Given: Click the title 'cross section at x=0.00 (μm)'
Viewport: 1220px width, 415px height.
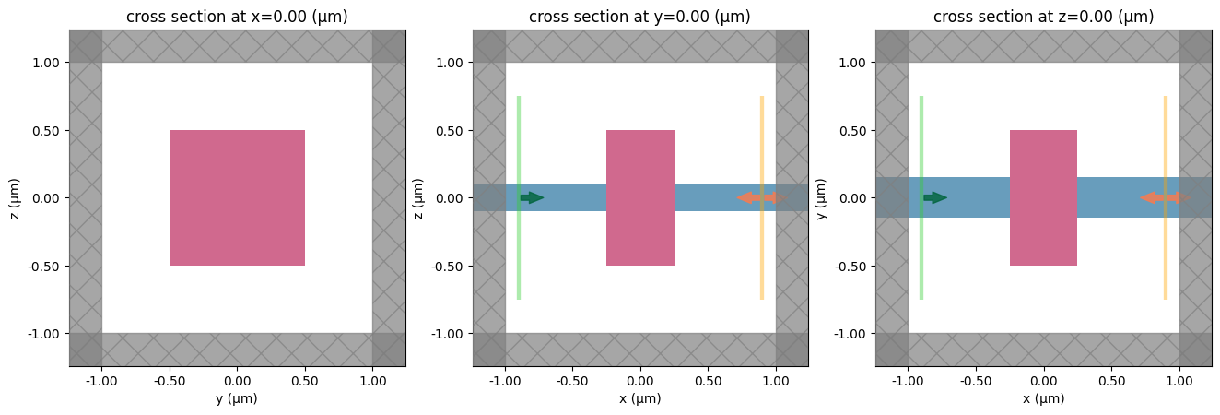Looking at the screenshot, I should [x=237, y=17].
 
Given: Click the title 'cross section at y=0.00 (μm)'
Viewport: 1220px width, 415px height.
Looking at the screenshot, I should [x=640, y=17].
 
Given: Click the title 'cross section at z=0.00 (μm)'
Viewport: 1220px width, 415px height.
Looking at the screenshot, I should [x=1043, y=17].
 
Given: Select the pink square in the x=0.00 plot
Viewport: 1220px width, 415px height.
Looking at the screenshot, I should [x=237, y=197].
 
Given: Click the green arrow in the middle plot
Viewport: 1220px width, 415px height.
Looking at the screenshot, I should [x=532, y=197].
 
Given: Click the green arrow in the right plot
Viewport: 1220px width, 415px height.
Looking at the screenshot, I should [x=935, y=197].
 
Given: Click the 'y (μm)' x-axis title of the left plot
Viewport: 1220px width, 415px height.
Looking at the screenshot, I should [x=237, y=398].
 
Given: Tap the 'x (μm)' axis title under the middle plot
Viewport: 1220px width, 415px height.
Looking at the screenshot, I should [x=640, y=398].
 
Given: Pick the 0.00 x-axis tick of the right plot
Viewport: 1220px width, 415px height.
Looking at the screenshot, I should [x=1043, y=380].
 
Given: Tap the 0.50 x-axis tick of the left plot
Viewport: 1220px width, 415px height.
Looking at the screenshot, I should [x=305, y=380].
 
